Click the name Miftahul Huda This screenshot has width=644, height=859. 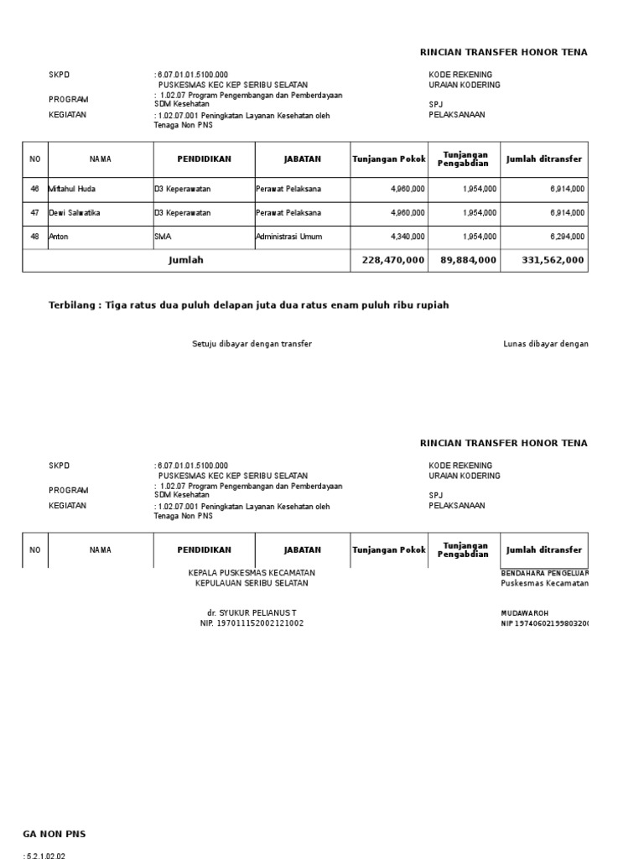tap(72, 190)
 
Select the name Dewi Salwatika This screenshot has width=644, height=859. tap(75, 213)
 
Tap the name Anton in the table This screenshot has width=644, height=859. tap(59, 237)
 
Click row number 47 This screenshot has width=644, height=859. tap(35, 213)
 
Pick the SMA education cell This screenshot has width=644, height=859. tap(163, 237)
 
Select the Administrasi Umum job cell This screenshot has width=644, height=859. tap(291, 237)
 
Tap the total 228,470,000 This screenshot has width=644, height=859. tap(393, 261)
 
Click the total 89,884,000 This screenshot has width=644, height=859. tap(468, 261)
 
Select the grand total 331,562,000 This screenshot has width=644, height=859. tap(553, 261)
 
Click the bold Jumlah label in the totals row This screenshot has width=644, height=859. tap(186, 260)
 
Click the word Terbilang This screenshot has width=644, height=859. tap(74, 305)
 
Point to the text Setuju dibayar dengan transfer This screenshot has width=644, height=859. tap(252, 344)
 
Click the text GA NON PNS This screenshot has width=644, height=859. tap(54, 834)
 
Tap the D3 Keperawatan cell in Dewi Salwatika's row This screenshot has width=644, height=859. tap(183, 213)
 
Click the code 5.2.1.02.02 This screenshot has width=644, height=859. tap(45, 855)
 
